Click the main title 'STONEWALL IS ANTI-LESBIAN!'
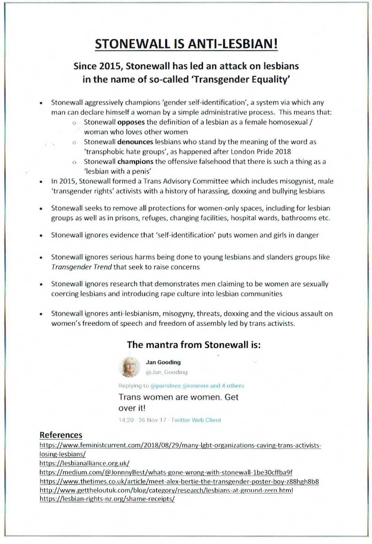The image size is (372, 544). click(x=186, y=44)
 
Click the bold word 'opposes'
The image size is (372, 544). click(x=131, y=122)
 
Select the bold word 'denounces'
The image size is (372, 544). click(x=135, y=142)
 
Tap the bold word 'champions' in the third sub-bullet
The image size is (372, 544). click(x=135, y=162)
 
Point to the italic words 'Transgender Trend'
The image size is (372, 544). click(x=81, y=267)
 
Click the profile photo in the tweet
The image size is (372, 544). click(x=129, y=367)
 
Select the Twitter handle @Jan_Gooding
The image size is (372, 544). click(x=166, y=372)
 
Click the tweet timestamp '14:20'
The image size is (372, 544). click(x=126, y=420)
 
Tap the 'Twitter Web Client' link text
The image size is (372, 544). click(x=196, y=420)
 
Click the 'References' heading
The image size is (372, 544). click(x=61, y=435)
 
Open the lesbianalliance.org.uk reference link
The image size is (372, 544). click(x=84, y=463)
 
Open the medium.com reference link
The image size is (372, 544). click(x=166, y=473)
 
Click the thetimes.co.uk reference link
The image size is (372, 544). click(x=179, y=482)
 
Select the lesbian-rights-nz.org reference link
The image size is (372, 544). click(x=107, y=499)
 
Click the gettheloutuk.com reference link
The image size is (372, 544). click(x=166, y=490)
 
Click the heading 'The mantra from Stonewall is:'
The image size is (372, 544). click(x=193, y=345)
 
